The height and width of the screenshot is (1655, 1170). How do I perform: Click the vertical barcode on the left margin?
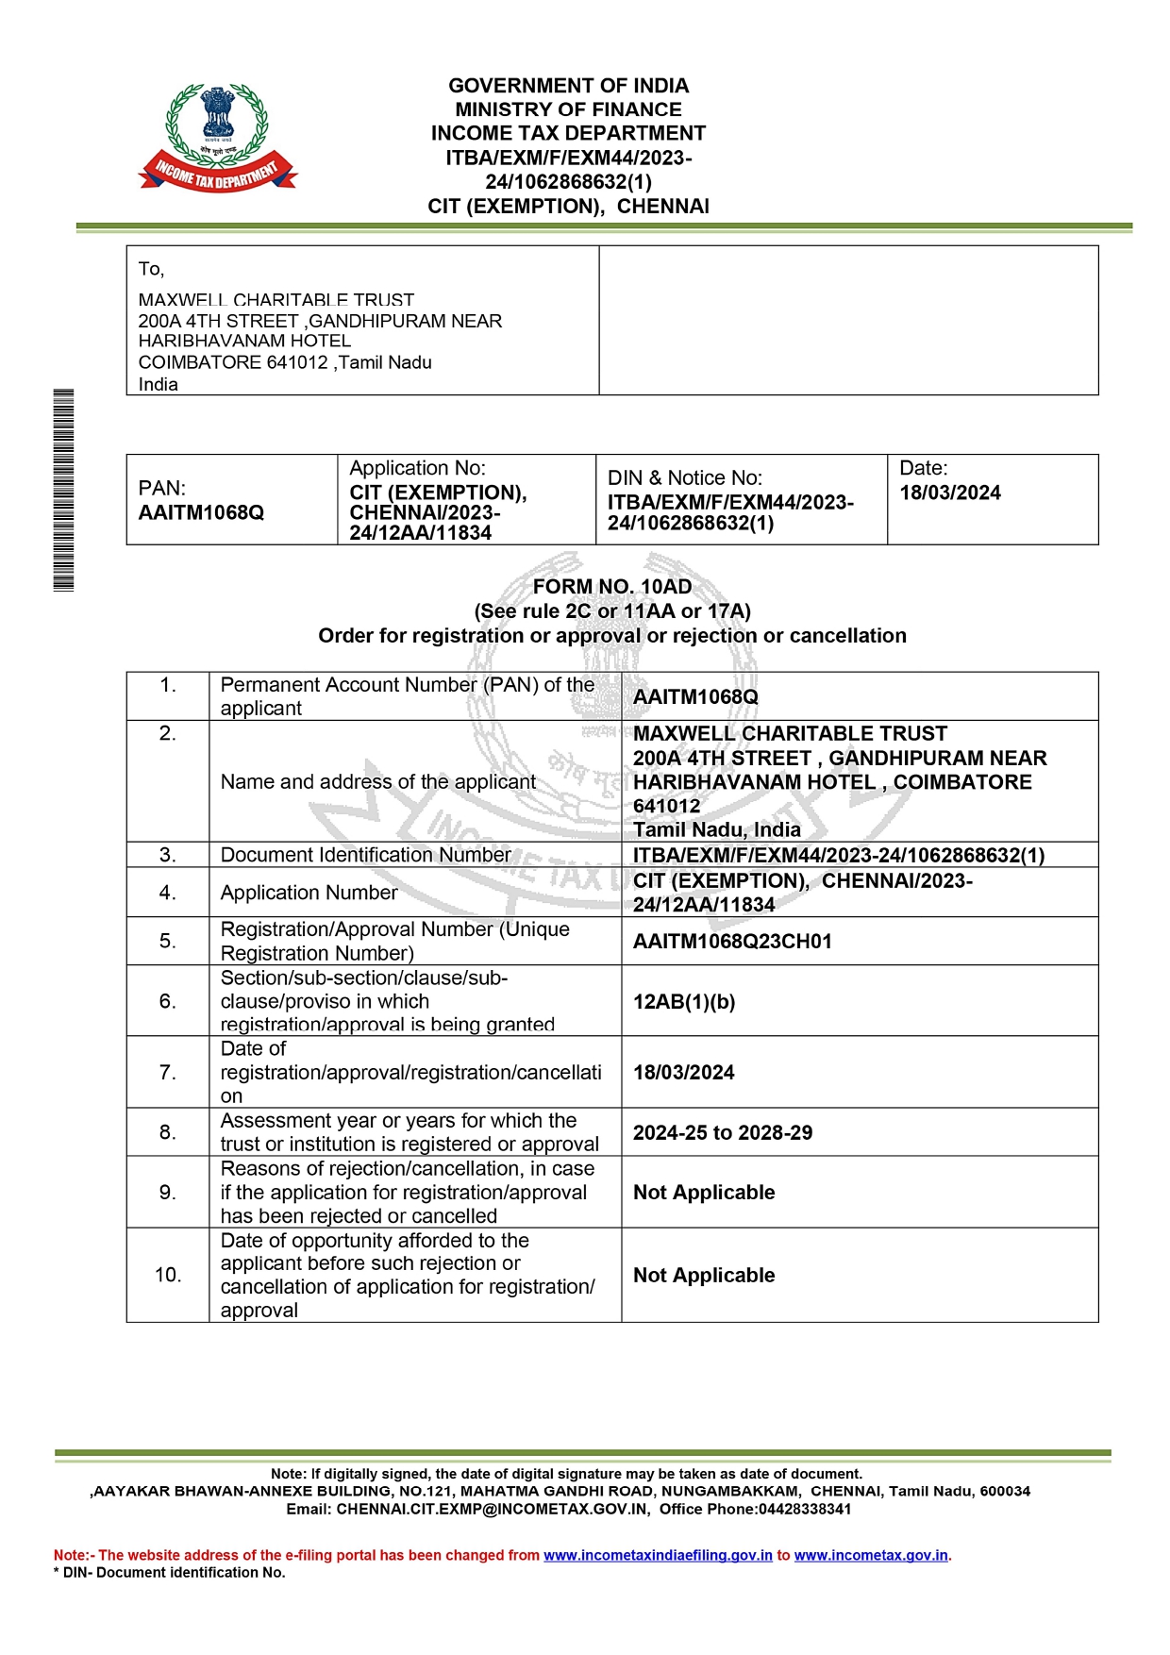63,490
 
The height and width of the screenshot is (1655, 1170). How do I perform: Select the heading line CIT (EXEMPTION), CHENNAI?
568,207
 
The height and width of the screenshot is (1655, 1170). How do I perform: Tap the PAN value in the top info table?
201,512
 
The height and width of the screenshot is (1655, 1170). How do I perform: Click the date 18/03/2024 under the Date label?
949,493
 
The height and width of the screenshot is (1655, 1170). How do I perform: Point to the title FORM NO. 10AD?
611,587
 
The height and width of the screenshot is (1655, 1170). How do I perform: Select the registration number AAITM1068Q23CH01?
732,942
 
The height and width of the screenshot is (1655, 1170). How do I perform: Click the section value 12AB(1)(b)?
684,1002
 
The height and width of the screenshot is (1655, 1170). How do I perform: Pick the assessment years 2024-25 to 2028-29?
723,1133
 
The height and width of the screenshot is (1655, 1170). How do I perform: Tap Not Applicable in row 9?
704,1193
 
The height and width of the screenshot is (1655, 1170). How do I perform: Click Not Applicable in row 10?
704,1276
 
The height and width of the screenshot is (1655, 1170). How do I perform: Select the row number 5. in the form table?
167,942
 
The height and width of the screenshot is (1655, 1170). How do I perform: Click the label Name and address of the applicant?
378,782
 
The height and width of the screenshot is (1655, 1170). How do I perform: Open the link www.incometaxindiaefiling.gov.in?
658,1556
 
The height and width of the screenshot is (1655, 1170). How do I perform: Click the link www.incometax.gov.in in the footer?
871,1556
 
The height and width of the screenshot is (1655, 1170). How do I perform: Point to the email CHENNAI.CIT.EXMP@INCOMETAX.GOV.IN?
493,1510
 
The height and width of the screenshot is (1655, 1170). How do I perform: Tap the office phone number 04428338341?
805,1510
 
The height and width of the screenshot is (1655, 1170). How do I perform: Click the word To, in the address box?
151,270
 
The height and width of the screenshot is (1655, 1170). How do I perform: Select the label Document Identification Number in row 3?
365,855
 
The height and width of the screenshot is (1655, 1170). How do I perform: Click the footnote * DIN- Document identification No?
170,1573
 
